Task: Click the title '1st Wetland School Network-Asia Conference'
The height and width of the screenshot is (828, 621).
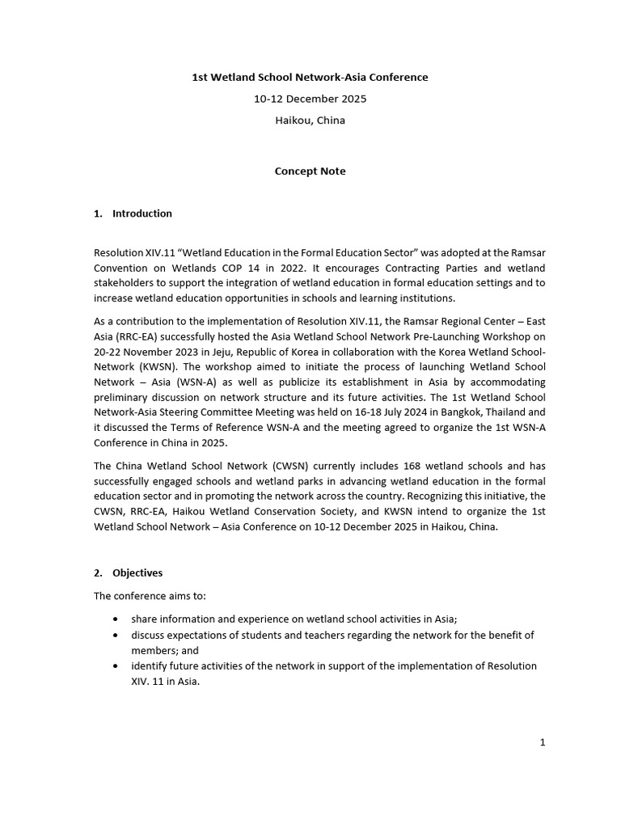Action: pyautogui.click(x=310, y=78)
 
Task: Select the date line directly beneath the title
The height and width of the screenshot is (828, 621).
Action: pyautogui.click(x=310, y=99)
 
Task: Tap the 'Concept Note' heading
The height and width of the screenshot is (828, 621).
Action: pyautogui.click(x=310, y=171)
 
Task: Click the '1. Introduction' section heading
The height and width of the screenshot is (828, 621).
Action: pyautogui.click(x=133, y=213)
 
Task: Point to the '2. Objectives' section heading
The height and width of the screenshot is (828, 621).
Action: pyautogui.click(x=129, y=572)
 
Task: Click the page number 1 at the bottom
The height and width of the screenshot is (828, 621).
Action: pyautogui.click(x=543, y=742)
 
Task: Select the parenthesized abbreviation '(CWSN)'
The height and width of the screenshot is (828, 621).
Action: pyautogui.click(x=289, y=466)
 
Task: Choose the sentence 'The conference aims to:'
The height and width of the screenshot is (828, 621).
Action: pyautogui.click(x=150, y=596)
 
